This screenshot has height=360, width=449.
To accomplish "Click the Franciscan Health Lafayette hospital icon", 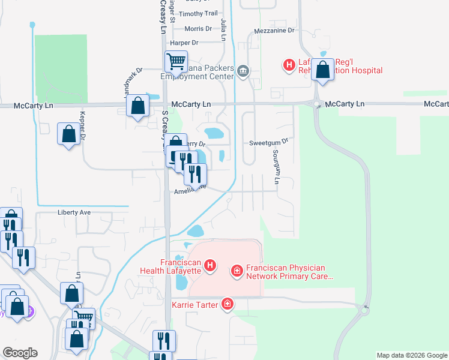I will pyautogui.click(x=210, y=265).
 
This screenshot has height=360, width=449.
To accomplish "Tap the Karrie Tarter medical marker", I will pyautogui.click(x=228, y=304).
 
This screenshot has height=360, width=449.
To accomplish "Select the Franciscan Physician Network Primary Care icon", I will pyautogui.click(x=238, y=272).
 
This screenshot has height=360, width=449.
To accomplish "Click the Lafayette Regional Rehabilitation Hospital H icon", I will pyautogui.click(x=289, y=64).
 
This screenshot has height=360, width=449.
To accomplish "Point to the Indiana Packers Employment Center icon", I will pyautogui.click(x=243, y=71).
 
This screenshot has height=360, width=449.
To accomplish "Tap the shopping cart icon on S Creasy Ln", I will pyautogui.click(x=176, y=61).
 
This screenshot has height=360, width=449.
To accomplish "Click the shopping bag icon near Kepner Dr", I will pyautogui.click(x=68, y=134).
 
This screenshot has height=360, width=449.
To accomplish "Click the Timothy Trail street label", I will pyautogui.click(x=199, y=14).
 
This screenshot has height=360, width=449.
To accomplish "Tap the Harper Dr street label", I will pyautogui.click(x=184, y=43).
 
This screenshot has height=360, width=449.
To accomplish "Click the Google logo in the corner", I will pyautogui.click(x=20, y=353).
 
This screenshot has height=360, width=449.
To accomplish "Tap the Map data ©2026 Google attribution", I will pyautogui.click(x=412, y=355).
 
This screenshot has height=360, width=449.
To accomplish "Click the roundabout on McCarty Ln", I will pyautogui.click(x=316, y=104).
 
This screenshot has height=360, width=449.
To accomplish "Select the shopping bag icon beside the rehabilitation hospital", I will pyautogui.click(x=323, y=70).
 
